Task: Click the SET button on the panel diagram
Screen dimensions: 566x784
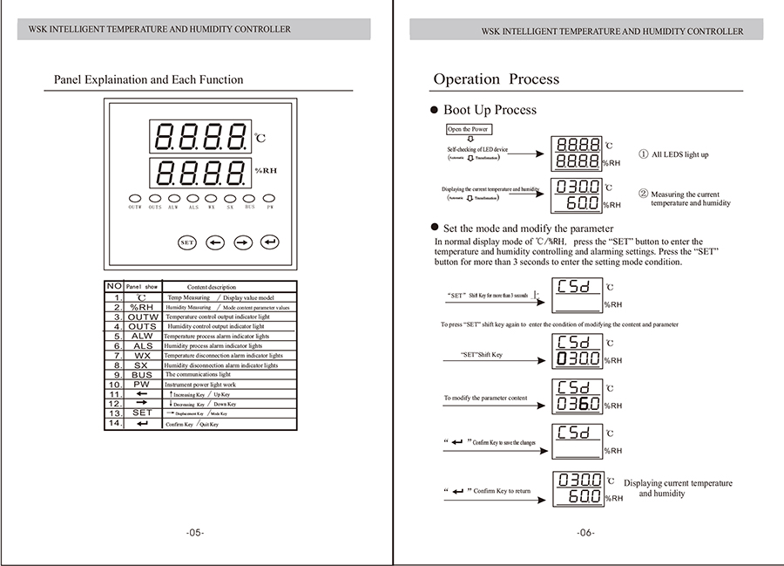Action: (x=187, y=242)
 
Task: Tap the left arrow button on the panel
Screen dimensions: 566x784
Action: (x=215, y=242)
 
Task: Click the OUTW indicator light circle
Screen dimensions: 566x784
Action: (x=135, y=198)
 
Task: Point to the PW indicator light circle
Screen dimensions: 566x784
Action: (x=270, y=198)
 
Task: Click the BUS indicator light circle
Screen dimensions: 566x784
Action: (x=250, y=198)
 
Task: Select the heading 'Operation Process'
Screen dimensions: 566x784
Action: (x=496, y=79)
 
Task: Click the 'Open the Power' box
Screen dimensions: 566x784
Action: (x=468, y=129)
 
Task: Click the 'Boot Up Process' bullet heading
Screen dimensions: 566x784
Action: (x=490, y=110)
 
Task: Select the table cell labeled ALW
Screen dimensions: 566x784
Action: (x=142, y=337)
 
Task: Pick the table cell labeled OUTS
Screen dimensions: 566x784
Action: (x=142, y=326)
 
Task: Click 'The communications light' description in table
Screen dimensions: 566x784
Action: (x=198, y=375)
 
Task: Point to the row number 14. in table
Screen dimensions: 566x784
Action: (x=114, y=424)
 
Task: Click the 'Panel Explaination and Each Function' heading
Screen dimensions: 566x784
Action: (x=149, y=80)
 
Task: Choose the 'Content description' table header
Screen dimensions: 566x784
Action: (x=211, y=287)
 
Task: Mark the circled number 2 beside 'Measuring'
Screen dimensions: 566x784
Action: (x=643, y=194)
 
